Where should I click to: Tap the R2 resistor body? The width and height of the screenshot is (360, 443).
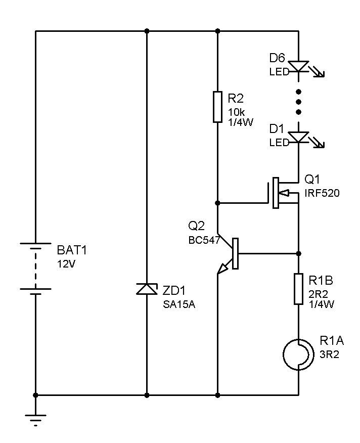(x=217, y=107)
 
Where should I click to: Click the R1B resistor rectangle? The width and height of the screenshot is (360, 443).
(x=298, y=289)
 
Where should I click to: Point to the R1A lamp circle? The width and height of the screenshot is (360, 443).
(x=298, y=354)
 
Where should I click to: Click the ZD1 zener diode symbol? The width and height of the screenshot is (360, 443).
(x=147, y=289)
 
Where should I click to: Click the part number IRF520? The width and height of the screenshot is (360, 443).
(x=322, y=193)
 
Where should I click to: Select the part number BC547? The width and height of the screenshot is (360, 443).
(x=204, y=240)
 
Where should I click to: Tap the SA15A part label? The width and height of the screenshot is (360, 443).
(x=179, y=304)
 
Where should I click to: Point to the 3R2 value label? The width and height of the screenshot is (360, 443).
(x=329, y=355)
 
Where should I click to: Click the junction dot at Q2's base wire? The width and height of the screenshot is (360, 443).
(x=298, y=253)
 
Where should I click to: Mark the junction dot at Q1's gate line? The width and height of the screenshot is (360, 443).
(x=217, y=203)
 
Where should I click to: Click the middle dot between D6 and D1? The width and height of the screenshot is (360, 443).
(x=298, y=102)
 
